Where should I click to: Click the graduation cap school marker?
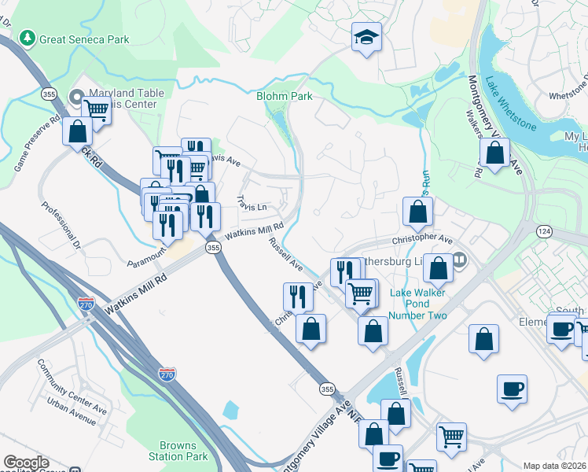tap(366, 38)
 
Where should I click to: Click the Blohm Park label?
tap(285, 97)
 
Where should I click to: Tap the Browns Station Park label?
tap(178, 451)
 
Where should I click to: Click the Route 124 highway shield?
tap(544, 230)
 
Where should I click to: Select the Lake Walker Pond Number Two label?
tap(419, 304)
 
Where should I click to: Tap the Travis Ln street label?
tap(253, 204)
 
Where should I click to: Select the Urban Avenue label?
tap(71, 412)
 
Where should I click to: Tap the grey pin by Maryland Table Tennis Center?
tap(76, 98)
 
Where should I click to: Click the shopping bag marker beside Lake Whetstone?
tap(494, 153)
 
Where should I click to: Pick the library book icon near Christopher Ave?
tap(459, 259)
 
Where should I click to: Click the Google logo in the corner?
tap(26, 463)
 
